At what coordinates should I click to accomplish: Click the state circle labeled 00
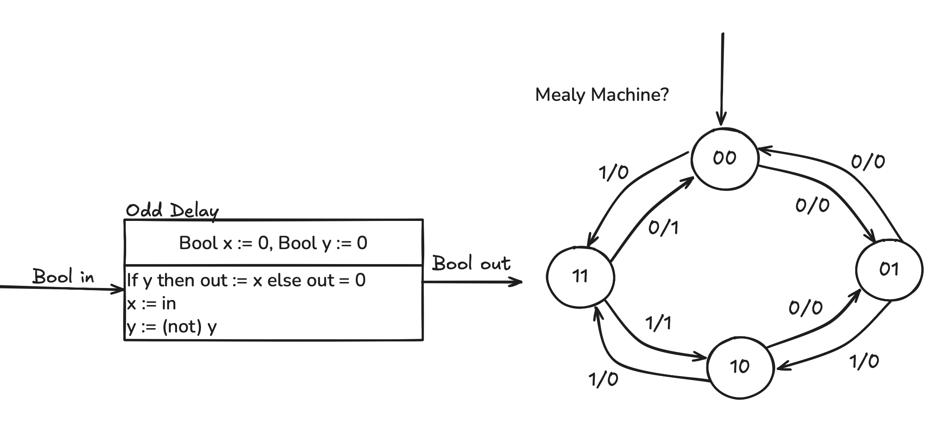(725, 159)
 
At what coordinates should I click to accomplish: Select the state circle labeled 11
(580, 277)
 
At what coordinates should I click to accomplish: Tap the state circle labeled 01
(889, 269)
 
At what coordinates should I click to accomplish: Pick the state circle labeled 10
(740, 367)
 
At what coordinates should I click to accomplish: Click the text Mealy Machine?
(602, 94)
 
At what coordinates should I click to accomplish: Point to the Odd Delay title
(172, 210)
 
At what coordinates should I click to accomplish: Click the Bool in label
(63, 276)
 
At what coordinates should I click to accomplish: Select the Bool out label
(471, 263)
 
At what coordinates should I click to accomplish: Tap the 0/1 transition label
(663, 228)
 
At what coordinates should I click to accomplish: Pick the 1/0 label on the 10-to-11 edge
(603, 379)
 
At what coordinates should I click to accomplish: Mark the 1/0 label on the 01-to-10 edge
(864, 362)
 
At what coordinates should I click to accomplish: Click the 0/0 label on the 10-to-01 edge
(805, 308)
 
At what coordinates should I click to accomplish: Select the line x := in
(151, 303)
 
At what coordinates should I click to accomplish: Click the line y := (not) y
(172, 327)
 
